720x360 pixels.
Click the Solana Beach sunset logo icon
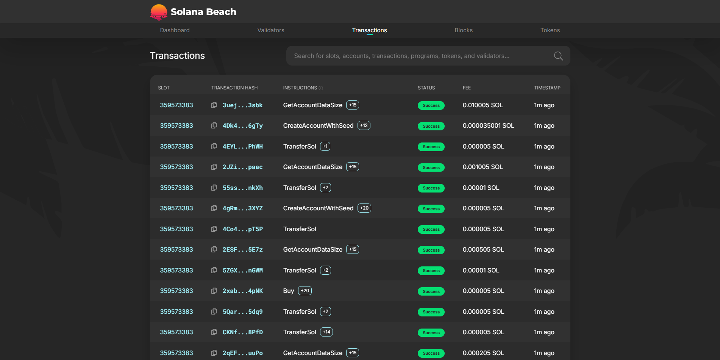[159, 12]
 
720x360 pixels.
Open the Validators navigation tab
[270, 30]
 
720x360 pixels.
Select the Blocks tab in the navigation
[463, 30]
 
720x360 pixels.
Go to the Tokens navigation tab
[550, 30]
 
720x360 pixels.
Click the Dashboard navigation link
[175, 30]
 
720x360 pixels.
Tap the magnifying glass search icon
[558, 56]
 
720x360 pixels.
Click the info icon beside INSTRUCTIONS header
[321, 88]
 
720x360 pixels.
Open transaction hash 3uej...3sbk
[242, 105]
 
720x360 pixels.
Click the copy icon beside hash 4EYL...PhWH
[214, 146]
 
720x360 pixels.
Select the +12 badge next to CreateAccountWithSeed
[364, 125]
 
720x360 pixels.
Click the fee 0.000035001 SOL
[488, 126]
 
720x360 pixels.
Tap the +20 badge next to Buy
[305, 291]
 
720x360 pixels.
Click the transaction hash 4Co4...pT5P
[242, 229]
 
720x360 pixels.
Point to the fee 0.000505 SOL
[483, 250]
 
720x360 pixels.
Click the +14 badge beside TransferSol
[326, 332]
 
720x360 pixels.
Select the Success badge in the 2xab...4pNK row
[431, 291]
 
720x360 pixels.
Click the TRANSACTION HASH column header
[234, 88]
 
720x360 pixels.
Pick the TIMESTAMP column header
[547, 88]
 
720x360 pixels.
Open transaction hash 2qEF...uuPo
[242, 353]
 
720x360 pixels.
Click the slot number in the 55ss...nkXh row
[176, 188]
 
